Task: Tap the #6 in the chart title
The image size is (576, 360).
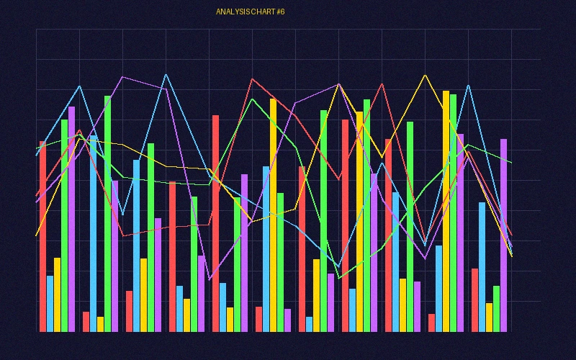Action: pos(280,12)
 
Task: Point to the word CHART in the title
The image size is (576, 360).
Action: pos(261,12)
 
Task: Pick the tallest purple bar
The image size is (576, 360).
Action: pos(72,219)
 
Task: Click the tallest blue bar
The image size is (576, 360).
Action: pos(94,233)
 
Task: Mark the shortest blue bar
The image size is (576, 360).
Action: pos(310,324)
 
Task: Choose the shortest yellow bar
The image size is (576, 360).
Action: pos(101,324)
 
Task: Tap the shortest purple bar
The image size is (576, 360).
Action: pos(288,320)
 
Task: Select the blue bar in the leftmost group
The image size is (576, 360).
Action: pos(50,303)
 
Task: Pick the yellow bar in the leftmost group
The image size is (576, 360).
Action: pos(58,294)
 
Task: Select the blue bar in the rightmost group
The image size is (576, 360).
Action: pos(482,266)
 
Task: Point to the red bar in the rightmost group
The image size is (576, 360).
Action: pos(475,300)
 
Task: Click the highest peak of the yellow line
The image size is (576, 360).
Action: pos(426,74)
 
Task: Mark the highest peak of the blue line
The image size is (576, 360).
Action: pos(166,74)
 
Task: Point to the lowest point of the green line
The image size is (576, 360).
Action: pos(339,278)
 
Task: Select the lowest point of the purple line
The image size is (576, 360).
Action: pos(210,279)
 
